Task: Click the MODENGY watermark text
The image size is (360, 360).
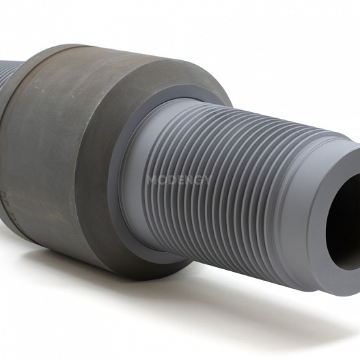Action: point(179,180)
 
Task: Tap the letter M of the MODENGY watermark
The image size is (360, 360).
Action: point(152,180)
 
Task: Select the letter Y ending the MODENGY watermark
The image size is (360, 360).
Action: point(206,180)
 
